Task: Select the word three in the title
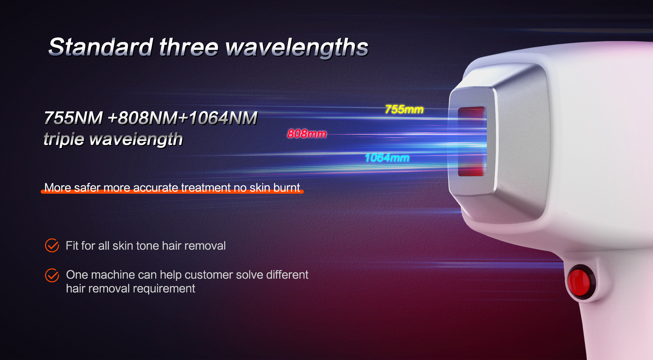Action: [189, 47]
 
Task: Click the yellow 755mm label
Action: [404, 109]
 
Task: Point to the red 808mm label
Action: [307, 134]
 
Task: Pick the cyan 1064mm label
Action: [387, 158]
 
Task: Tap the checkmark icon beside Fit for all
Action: [52, 245]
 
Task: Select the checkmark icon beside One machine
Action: [52, 275]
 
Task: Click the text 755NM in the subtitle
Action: [73, 118]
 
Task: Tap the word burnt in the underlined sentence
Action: [287, 188]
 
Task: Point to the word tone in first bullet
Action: [148, 246]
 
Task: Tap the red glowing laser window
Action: [471, 141]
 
